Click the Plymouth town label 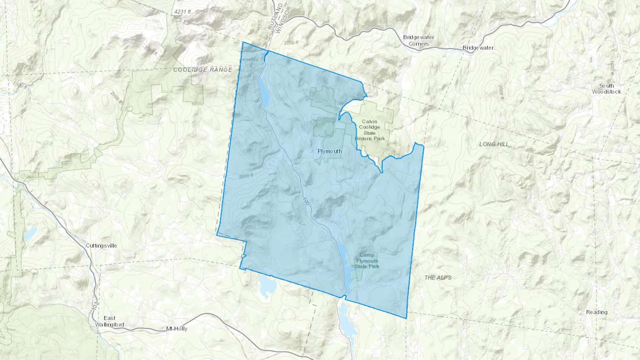[x=330, y=151]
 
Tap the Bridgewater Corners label [x=418, y=41]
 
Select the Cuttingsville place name [x=101, y=246]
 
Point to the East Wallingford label [x=110, y=321]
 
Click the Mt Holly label [x=177, y=329]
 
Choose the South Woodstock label [x=606, y=88]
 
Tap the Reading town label [x=597, y=312]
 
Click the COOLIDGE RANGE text [x=203, y=70]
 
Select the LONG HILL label [x=494, y=144]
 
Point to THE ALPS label [x=438, y=277]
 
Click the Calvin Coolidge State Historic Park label [x=369, y=130]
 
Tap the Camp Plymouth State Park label [x=367, y=260]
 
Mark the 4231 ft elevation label [x=182, y=12]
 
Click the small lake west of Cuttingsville [x=31, y=233]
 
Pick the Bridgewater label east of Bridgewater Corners [x=478, y=48]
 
